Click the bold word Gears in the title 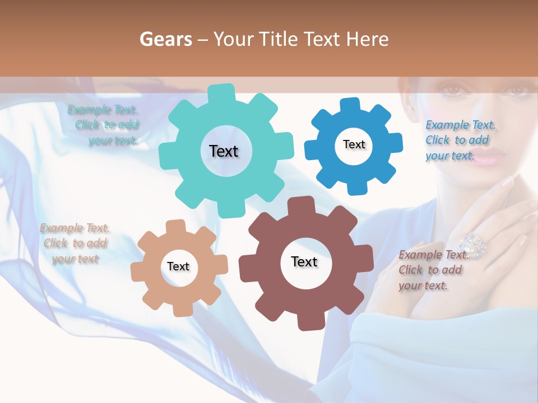[x=165, y=39]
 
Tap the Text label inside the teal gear [x=224, y=151]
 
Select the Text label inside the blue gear [x=354, y=144]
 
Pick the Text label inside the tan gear [x=178, y=267]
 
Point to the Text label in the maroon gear [x=304, y=262]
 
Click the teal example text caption [x=104, y=125]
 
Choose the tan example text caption [x=75, y=243]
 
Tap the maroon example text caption [x=433, y=270]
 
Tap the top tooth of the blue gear [x=350, y=105]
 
